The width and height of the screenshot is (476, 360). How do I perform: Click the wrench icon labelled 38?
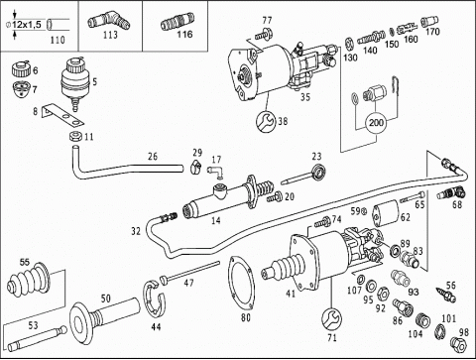point(266,121)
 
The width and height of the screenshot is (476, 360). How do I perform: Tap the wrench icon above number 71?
point(331,319)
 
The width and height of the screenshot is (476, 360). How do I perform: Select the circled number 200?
point(376,123)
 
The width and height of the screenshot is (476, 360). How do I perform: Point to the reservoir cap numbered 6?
point(22,68)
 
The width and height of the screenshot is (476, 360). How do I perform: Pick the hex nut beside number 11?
point(76,136)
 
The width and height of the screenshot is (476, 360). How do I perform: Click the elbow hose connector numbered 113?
point(108,21)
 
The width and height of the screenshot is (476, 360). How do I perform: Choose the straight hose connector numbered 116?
point(178,21)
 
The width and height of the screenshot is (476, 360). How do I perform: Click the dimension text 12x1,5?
point(27,25)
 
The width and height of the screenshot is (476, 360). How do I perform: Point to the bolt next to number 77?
point(264,34)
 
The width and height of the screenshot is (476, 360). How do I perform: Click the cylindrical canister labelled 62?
point(386,213)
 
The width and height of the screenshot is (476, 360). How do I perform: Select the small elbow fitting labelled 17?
point(215,172)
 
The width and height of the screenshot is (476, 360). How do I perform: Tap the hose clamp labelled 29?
point(196,166)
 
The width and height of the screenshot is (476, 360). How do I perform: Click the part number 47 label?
point(188,283)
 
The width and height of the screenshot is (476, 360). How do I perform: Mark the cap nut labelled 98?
point(458,344)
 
